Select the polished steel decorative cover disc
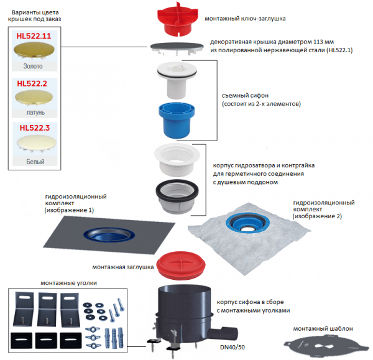click(x=177, y=48)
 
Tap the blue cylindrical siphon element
click(x=177, y=120)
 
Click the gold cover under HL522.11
click(x=34, y=50)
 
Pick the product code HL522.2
click(x=32, y=83)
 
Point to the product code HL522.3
click(x=34, y=128)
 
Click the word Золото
click(x=33, y=66)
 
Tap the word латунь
click(x=35, y=113)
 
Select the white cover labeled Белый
click(x=37, y=143)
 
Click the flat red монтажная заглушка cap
click(x=181, y=265)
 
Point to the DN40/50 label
click(x=232, y=347)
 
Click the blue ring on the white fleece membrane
click(x=247, y=223)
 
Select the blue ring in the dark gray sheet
click(x=109, y=235)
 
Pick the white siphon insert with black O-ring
click(x=177, y=80)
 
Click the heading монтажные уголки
click(x=69, y=283)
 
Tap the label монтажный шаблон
click(x=323, y=328)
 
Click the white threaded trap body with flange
click(x=177, y=160)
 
